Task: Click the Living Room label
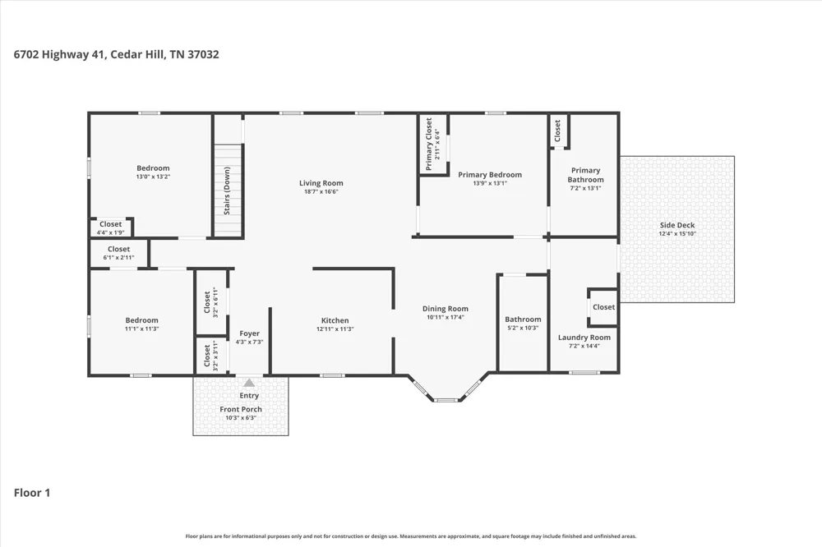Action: click(321, 183)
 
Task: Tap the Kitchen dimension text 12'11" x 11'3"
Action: click(335, 329)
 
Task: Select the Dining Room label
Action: click(446, 309)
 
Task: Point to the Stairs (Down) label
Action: click(227, 191)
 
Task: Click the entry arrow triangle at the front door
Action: click(249, 383)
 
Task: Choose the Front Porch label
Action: click(241, 409)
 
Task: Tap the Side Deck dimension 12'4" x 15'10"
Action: click(677, 234)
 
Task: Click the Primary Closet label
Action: click(429, 144)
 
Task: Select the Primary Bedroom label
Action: click(490, 174)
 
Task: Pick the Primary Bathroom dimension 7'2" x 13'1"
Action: click(585, 188)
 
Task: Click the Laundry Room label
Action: click(584, 338)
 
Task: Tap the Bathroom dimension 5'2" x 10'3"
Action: click(523, 328)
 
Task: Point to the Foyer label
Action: click(250, 333)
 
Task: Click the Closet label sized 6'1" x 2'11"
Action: click(119, 249)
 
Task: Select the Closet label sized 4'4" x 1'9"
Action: click(111, 223)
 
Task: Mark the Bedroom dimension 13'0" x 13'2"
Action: click(153, 177)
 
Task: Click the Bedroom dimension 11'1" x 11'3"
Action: click(141, 329)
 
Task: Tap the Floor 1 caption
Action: click(32, 493)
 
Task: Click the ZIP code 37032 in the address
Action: click(203, 54)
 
